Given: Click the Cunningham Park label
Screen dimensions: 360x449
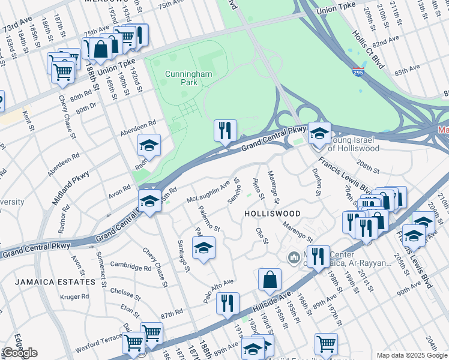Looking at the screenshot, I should click(186, 78).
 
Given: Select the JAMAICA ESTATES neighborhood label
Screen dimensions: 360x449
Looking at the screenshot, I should click(64, 281).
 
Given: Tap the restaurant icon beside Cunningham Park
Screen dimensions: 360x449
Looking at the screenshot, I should click(225, 131).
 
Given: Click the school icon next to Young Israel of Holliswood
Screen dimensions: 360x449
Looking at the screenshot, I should click(319, 133).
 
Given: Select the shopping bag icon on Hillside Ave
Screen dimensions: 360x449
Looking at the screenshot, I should click(270, 280).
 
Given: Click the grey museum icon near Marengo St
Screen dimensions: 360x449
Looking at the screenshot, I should click(293, 257).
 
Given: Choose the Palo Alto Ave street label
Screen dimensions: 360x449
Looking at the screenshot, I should click(218, 290).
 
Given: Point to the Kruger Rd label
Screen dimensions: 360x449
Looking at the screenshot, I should click(74, 296).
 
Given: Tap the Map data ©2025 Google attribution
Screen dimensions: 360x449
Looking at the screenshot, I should click(411, 355).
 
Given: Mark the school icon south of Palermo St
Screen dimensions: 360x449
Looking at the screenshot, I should click(203, 248).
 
